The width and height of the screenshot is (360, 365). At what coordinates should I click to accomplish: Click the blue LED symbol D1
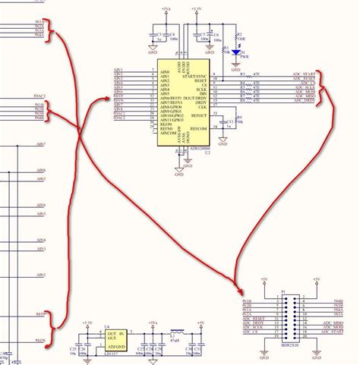pyautogui.click(x=242, y=51)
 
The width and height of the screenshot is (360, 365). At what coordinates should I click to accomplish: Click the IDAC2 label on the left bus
pyautogui.click(x=39, y=96)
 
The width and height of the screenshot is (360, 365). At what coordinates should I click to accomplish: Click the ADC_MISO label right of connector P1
pyautogui.click(x=333, y=323)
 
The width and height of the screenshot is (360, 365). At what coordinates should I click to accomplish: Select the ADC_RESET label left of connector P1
pyautogui.click(x=253, y=319)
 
